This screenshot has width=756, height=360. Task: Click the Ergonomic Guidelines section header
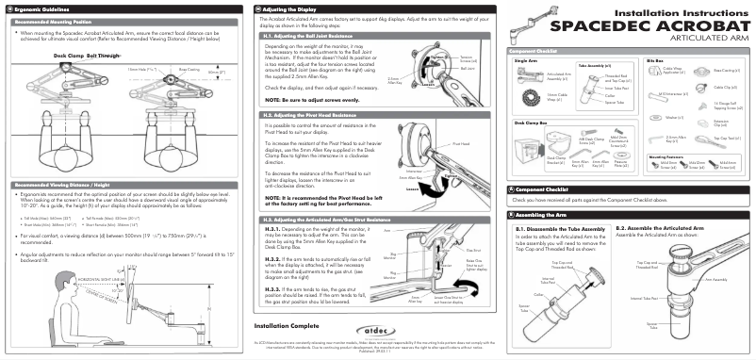pyautogui.click(x=39, y=8)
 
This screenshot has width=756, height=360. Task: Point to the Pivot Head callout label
pyautogui.click(x=461, y=144)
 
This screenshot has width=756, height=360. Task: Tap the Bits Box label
pyautogui.click(x=656, y=59)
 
